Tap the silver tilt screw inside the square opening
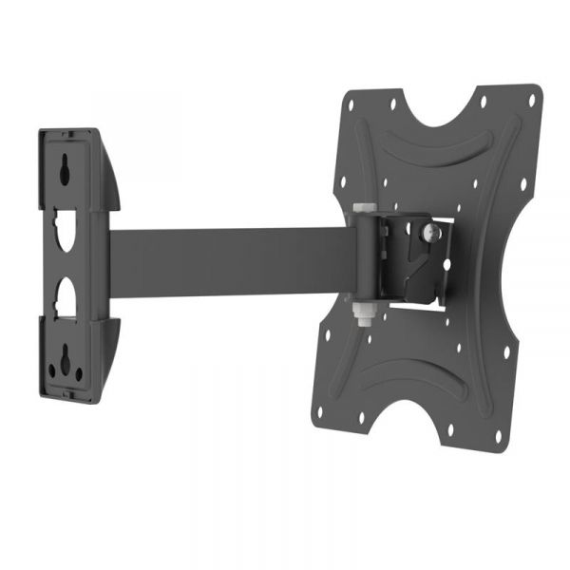pyautogui.click(x=431, y=229)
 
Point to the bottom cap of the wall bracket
pyautogui.click(x=76, y=394)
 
